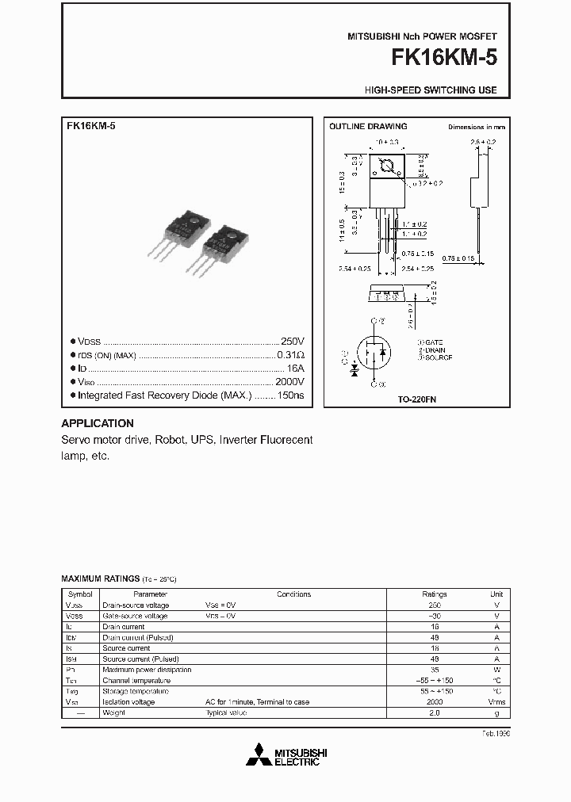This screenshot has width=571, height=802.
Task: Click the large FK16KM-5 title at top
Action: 441,59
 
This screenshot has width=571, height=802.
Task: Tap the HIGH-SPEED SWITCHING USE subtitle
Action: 431,90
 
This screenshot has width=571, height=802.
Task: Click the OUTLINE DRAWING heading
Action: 368,126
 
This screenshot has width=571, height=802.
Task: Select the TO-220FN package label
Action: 417,400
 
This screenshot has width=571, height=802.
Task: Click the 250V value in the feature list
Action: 293,340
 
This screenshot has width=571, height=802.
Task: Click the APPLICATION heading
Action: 98,423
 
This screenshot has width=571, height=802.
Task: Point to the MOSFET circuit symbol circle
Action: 374,353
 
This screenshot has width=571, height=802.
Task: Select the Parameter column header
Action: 150,594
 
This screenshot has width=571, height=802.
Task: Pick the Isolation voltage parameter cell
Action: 128,702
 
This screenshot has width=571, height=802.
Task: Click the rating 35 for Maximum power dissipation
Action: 435,670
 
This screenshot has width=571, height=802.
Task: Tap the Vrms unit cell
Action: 496,702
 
